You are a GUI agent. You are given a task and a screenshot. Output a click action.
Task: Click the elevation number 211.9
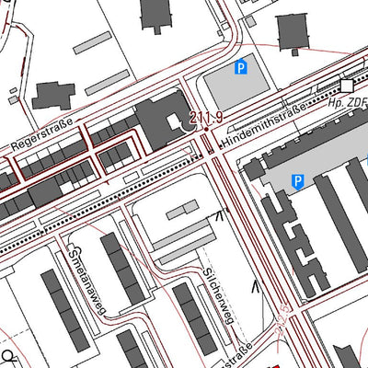(207, 117)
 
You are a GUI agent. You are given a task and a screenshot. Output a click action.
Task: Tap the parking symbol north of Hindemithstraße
(241, 66)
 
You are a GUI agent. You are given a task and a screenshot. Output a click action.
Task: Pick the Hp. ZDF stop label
(347, 104)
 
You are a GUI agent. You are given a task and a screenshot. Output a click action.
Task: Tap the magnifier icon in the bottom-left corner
(8, 357)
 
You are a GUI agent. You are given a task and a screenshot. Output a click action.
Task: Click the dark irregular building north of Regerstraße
(54, 96)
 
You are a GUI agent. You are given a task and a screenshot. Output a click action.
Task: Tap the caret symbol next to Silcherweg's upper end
(219, 216)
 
